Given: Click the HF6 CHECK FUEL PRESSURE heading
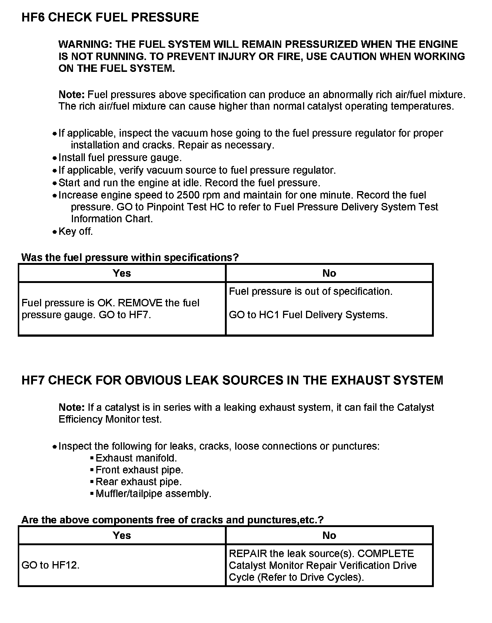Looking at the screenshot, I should (110, 17).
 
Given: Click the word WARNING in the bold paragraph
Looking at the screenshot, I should (85, 44).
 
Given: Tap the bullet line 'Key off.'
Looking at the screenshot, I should (76, 231).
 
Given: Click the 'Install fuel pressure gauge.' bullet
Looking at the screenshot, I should (120, 158).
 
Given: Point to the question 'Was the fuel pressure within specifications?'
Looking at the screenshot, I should (130, 257).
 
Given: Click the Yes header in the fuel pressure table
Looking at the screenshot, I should (122, 273).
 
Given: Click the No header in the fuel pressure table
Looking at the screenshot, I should (329, 273).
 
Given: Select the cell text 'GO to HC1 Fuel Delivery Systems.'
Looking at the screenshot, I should (308, 315).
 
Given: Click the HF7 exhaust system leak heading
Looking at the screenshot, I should (232, 380).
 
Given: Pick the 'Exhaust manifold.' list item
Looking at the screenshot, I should (136, 458).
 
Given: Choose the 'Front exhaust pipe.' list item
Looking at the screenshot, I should (139, 470).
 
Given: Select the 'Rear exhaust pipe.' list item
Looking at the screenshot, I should (139, 482).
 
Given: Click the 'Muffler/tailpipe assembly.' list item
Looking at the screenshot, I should (153, 494).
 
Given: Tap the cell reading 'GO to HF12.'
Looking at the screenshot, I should (51, 565).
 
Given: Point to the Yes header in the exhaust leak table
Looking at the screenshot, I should (122, 536).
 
